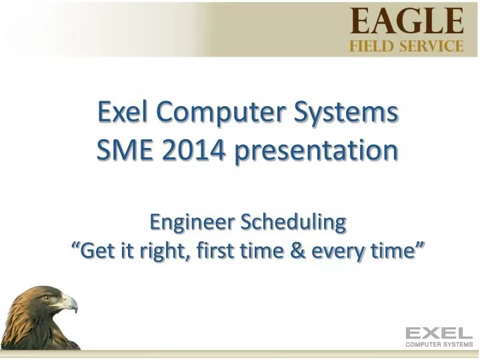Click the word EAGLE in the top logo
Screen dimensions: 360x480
(407, 21)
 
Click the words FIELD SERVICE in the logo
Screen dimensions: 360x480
(407, 46)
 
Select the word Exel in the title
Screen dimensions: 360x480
(124, 112)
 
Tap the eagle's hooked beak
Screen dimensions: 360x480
(71, 305)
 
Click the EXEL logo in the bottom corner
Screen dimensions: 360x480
(439, 333)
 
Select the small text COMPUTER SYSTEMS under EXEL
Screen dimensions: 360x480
(439, 345)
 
